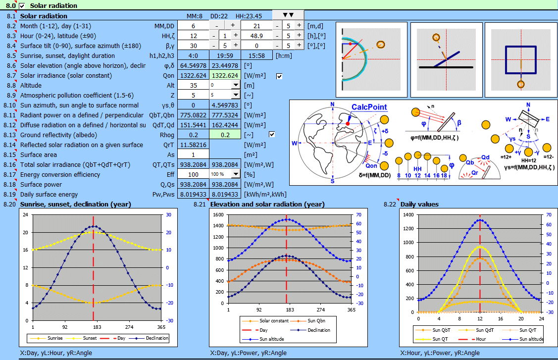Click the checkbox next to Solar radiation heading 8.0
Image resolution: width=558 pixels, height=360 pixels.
(21, 5)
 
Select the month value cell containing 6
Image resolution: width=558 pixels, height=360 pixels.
(193, 25)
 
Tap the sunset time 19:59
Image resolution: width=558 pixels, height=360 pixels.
(225, 55)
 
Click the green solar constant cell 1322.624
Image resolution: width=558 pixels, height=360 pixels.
(225, 75)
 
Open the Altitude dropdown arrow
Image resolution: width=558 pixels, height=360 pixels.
(235, 85)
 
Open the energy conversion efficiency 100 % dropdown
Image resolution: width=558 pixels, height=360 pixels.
(235, 174)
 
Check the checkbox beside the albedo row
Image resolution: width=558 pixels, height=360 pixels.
(272, 135)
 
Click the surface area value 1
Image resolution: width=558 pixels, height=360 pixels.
(193, 154)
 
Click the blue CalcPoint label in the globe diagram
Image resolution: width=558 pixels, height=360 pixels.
(369, 107)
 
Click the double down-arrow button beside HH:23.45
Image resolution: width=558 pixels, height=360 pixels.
(288, 15)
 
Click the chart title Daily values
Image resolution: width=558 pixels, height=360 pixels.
(419, 204)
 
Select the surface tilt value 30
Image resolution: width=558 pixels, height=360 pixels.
(193, 46)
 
